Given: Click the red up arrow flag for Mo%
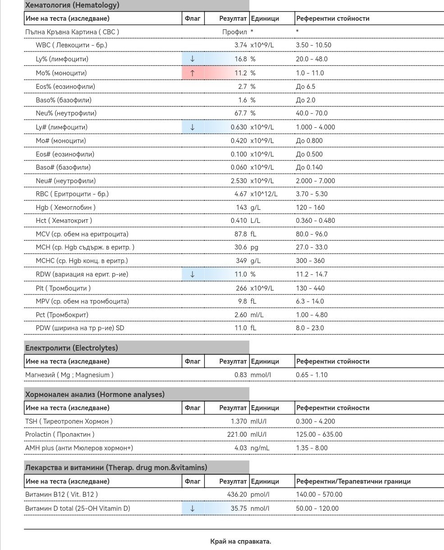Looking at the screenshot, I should (x=192, y=73).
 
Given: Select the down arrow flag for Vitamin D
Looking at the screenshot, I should (x=192, y=508).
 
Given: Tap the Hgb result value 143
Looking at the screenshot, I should (x=242, y=208).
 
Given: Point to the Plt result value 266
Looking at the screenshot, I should (x=242, y=288).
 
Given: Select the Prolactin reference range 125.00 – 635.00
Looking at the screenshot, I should (x=319, y=434).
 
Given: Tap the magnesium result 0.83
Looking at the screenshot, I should (x=240, y=375).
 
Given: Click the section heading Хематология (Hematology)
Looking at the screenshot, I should (x=72, y=5).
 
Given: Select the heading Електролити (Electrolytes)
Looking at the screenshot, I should (x=72, y=348).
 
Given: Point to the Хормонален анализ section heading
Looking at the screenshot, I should (x=95, y=394).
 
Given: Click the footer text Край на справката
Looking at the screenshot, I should (x=241, y=541).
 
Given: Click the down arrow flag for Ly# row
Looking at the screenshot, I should (x=192, y=127).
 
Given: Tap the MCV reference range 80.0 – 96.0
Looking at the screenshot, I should (x=312, y=234).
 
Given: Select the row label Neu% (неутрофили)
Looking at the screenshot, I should (x=66, y=113).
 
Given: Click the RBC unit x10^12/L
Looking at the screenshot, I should (x=264, y=194).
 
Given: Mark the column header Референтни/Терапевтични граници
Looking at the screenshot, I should (x=353, y=481).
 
